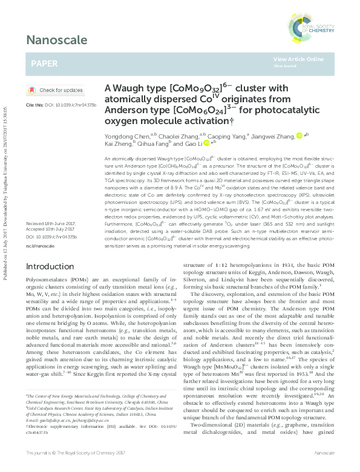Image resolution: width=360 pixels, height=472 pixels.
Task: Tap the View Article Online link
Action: pos(298,59)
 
